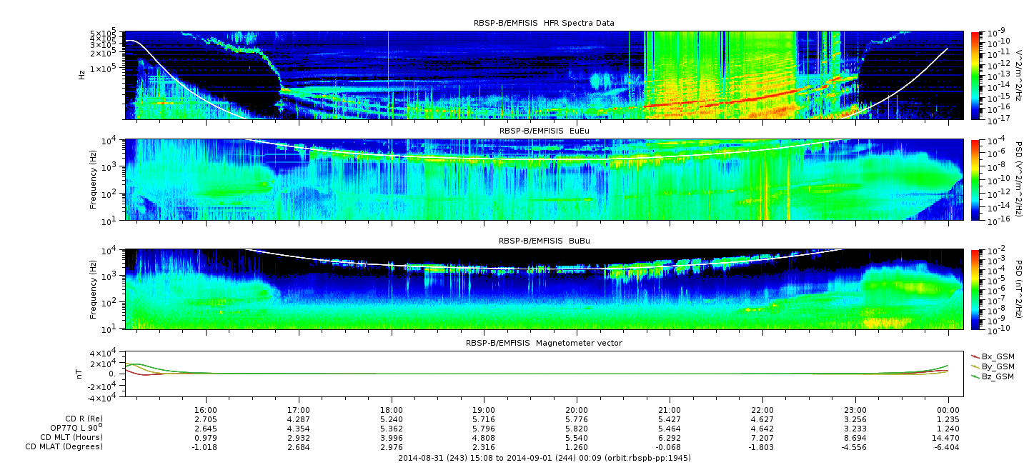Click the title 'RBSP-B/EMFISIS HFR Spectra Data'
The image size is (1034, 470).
pyautogui.click(x=544, y=23)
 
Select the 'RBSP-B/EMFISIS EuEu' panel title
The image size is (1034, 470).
pyautogui.click(x=544, y=131)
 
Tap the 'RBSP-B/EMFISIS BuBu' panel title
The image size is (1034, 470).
pyautogui.click(x=544, y=241)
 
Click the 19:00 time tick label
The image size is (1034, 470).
pyautogui.click(x=484, y=410)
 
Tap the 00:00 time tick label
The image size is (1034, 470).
pyautogui.click(x=948, y=410)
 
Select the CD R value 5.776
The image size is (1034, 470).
pyautogui.click(x=577, y=420)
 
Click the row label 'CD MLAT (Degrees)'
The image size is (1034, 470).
pyautogui.click(x=64, y=447)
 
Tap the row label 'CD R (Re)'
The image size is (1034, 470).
pyautogui.click(x=84, y=419)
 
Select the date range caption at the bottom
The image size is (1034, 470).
pyautogui.click(x=545, y=458)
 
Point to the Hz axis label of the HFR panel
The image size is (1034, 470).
pyautogui.click(x=81, y=75)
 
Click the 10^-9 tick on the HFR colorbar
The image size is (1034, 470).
pyautogui.click(x=995, y=33)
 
